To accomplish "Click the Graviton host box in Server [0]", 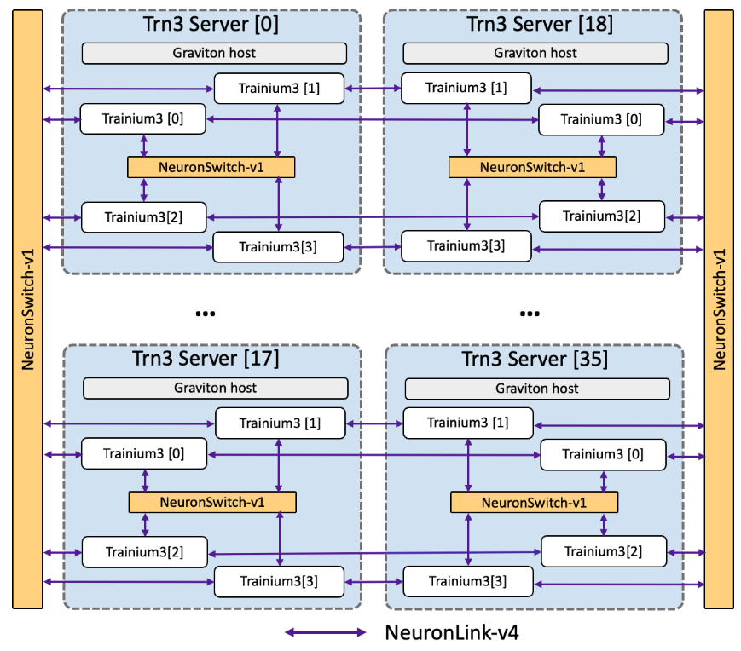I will tap(214, 53).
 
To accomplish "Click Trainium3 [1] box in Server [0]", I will tap(279, 88).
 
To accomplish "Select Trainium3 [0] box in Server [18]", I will tap(601, 119).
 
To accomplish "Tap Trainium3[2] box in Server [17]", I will tap(145, 552).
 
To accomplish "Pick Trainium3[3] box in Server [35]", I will tap(467, 582).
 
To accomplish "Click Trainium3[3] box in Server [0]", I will tap(279, 247).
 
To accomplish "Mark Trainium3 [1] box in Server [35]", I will tap(467, 423).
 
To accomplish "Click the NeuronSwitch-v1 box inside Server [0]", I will tap(211, 167).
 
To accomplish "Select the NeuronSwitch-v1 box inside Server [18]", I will tap(533, 167).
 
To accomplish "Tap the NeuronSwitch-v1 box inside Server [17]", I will tap(212, 502).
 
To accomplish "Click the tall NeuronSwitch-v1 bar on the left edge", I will tap(27, 309).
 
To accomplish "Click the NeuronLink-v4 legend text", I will tap(452, 633).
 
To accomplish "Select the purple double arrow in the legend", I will tap(326, 633).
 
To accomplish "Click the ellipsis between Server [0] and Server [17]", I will tap(206, 314).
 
